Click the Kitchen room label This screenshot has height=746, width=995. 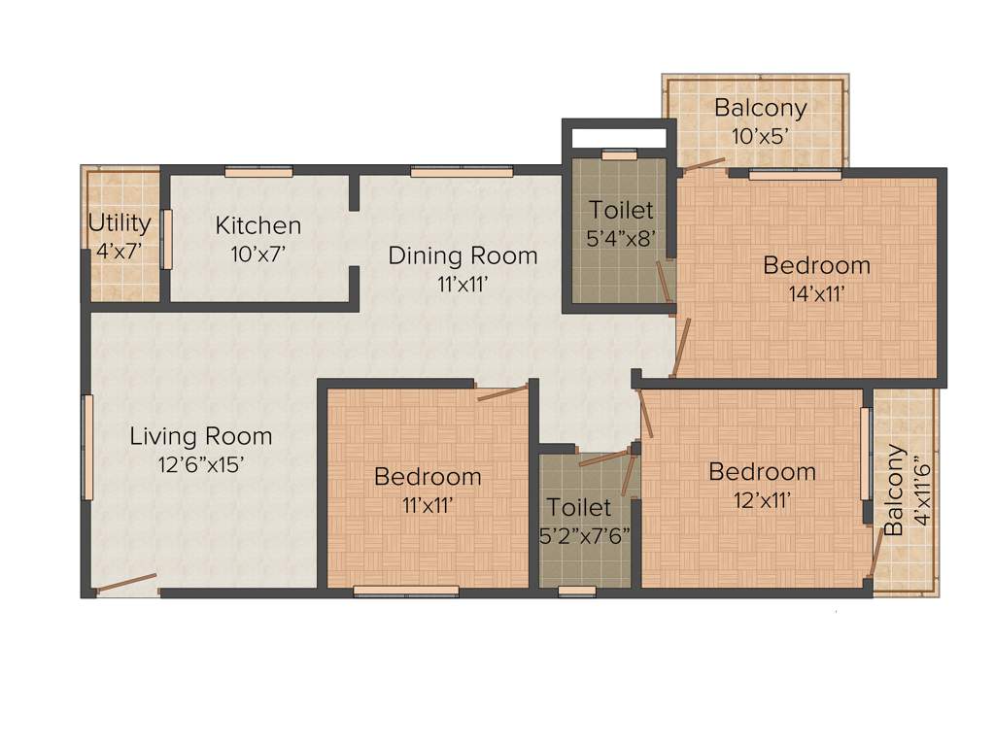[257, 225]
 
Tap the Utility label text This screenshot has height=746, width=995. [120, 223]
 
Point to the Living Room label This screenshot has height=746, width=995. [201, 436]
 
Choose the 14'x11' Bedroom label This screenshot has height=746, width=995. [816, 264]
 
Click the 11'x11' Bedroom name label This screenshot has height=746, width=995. [428, 476]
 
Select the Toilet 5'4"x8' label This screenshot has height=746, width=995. [622, 210]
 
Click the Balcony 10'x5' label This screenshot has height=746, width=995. [760, 107]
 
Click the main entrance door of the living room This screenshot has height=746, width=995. [126, 583]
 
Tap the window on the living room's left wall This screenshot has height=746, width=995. [87, 447]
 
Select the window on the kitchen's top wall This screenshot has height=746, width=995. [258, 172]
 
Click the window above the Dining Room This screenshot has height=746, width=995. [462, 172]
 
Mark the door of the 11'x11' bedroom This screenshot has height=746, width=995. [502, 392]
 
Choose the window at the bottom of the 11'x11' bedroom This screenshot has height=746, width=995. [406, 590]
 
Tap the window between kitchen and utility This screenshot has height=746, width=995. [166, 238]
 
